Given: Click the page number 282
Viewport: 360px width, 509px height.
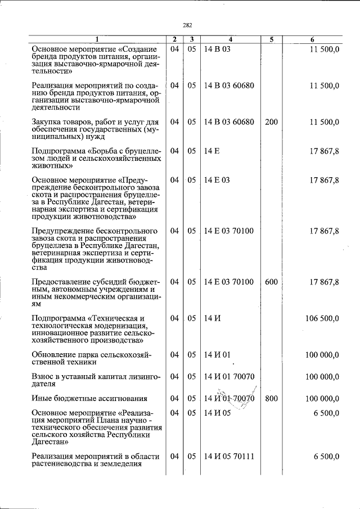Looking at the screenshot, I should coord(188,25).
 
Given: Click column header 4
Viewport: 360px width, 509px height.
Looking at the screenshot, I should coord(230,39).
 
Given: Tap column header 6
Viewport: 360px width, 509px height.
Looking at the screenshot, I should coord(313,39).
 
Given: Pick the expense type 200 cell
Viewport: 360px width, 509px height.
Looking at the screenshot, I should coord(271,121).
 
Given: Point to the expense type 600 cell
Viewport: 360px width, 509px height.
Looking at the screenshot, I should coord(271,282).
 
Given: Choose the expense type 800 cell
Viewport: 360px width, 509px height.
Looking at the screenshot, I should coord(271,399).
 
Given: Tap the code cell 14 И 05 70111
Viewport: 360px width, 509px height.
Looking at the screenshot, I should coord(229,456).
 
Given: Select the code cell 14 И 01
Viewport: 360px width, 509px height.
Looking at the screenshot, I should coord(218,355).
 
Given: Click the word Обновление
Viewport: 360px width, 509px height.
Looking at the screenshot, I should coord(56,355).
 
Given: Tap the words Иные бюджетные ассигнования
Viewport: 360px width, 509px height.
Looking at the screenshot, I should coord(89,399).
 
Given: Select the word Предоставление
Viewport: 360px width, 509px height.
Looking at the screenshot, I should coord(64,282).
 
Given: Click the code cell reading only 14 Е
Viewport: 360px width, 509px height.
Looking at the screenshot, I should coord(211,151).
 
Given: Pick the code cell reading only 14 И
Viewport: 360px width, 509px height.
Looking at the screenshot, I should coord(212,318).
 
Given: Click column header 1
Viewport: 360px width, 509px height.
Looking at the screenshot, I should coord(96,39).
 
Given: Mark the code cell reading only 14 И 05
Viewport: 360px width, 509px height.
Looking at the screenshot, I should coord(218,412).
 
